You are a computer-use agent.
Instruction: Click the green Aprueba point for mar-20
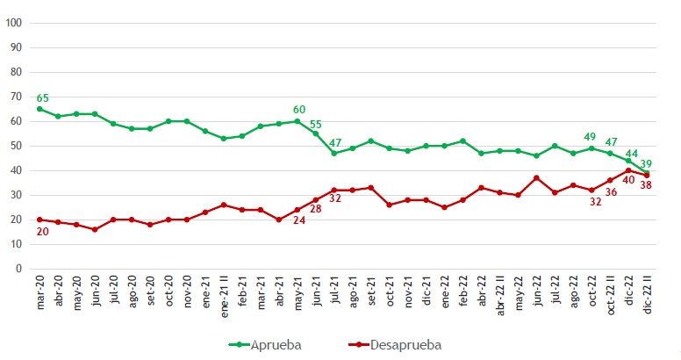pos(39,109)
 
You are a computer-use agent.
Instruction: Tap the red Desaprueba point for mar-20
pos(39,220)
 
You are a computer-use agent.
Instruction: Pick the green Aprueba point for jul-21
pos(334,153)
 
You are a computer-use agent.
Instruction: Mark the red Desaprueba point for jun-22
pos(536,177)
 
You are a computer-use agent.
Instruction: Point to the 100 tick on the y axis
pos(13,23)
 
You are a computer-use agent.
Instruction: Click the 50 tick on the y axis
pos(16,146)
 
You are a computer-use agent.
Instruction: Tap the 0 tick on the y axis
pos(18,269)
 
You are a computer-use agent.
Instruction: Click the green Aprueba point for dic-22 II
pos(647,173)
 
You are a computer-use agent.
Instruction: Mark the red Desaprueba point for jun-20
pos(95,229)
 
